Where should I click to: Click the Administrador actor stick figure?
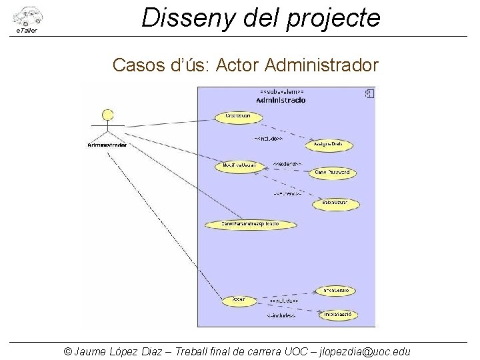107,125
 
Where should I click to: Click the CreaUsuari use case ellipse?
238,117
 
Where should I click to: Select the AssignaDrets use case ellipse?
328,145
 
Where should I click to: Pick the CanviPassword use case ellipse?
333,173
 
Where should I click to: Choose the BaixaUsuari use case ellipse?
335,203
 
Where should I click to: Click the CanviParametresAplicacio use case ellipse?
250,224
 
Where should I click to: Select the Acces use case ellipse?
239,300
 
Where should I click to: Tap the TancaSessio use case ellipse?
339,291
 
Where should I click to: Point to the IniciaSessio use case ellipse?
339,314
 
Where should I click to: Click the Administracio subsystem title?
281,100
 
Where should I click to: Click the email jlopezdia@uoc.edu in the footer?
365,351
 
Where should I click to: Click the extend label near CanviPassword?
287,164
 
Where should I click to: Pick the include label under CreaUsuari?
268,139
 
